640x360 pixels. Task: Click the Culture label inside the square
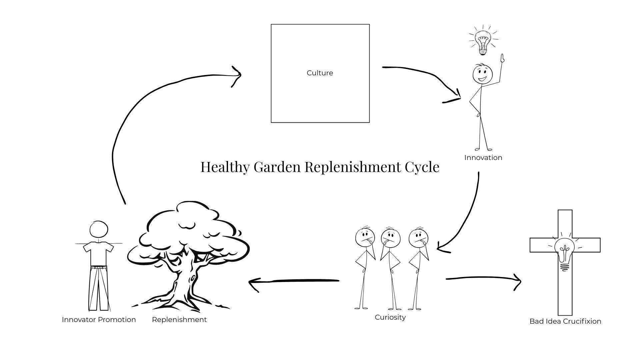point(320,73)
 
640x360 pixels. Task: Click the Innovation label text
point(483,158)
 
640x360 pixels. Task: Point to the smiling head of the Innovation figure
point(482,74)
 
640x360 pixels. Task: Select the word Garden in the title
point(277,167)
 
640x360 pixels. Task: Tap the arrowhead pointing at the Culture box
point(237,75)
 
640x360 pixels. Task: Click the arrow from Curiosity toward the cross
point(483,278)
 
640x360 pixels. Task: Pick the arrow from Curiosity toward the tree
point(293,281)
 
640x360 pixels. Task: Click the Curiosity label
point(390,317)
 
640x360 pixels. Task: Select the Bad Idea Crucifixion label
point(565,321)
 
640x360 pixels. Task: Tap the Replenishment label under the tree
point(179,320)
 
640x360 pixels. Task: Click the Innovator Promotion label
point(99,320)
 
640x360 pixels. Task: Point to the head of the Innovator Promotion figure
point(99,230)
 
